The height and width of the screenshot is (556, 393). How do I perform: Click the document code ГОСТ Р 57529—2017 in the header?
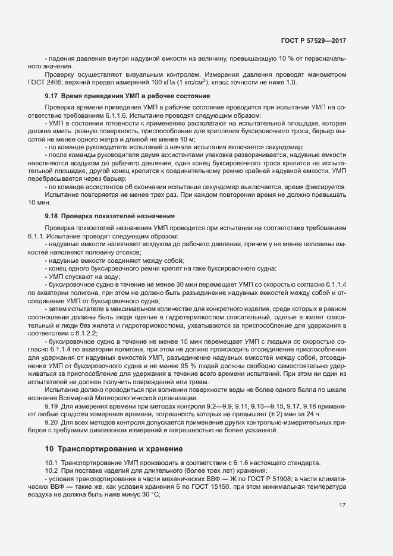tap(313, 40)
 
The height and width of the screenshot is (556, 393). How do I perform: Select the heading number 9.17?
tap(51, 96)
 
